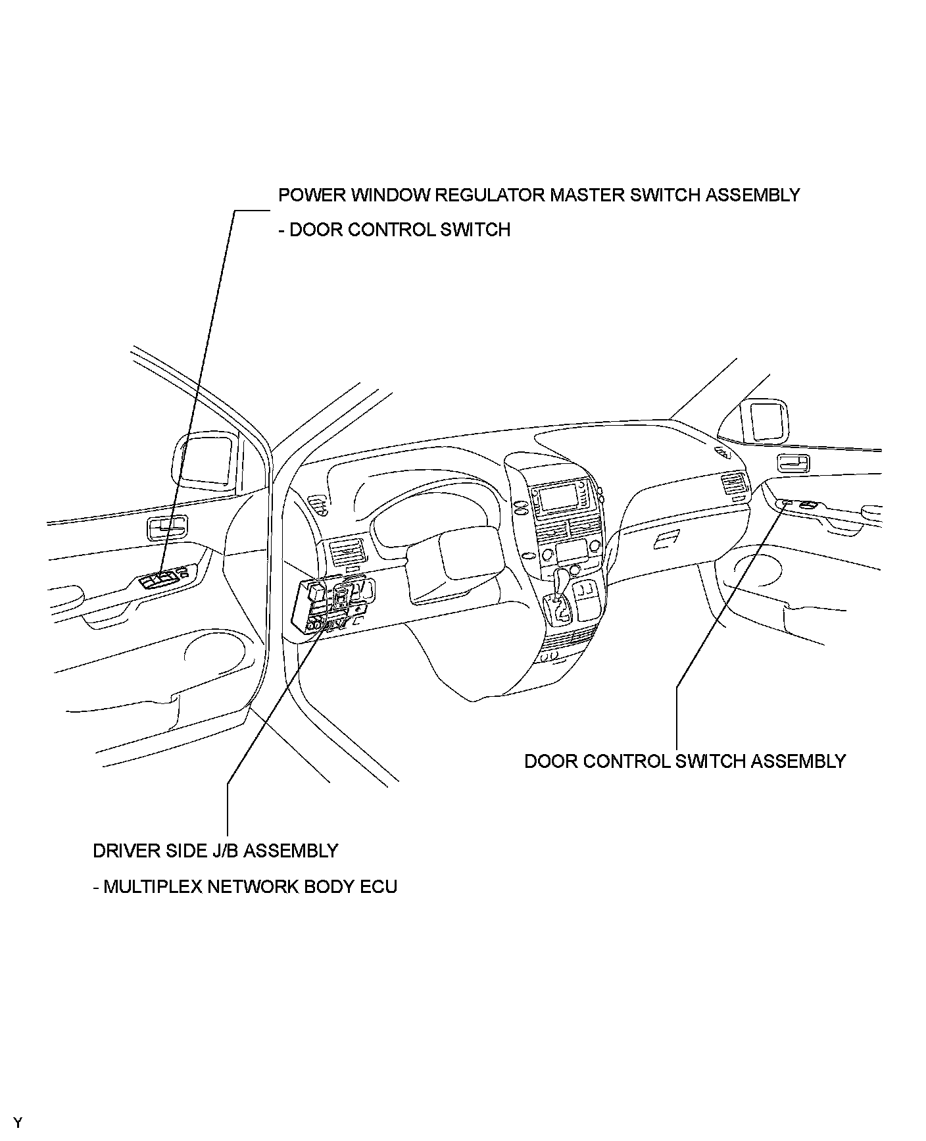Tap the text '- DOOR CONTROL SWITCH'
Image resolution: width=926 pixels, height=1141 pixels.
point(394,230)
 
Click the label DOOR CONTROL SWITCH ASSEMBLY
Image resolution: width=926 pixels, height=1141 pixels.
point(685,761)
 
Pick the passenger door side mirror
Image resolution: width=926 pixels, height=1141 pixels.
point(763,420)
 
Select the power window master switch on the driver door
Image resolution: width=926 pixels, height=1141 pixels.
point(161,579)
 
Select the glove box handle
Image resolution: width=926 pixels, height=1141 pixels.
point(666,540)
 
